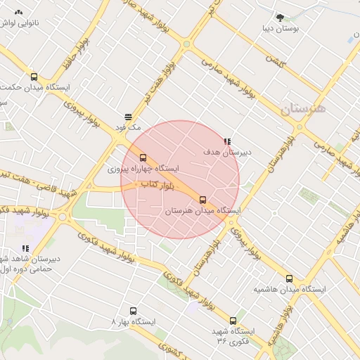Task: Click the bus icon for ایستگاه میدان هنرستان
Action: click(203, 200)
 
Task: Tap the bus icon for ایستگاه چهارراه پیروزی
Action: click(143, 158)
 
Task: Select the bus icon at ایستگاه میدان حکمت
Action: click(34, 77)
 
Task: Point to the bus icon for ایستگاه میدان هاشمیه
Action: click(288, 278)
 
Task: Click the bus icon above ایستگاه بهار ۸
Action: click(133, 310)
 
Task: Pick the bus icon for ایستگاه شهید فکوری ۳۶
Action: click(233, 320)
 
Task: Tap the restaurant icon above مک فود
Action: click(128, 117)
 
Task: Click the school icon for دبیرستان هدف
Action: click(226, 141)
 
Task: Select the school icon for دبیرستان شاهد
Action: click(25, 248)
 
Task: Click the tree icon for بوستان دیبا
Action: click(281, 17)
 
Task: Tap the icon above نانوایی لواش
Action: click(18, 13)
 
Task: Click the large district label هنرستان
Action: click(303, 109)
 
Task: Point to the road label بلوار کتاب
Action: click(157, 184)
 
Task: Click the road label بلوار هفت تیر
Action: click(159, 82)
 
